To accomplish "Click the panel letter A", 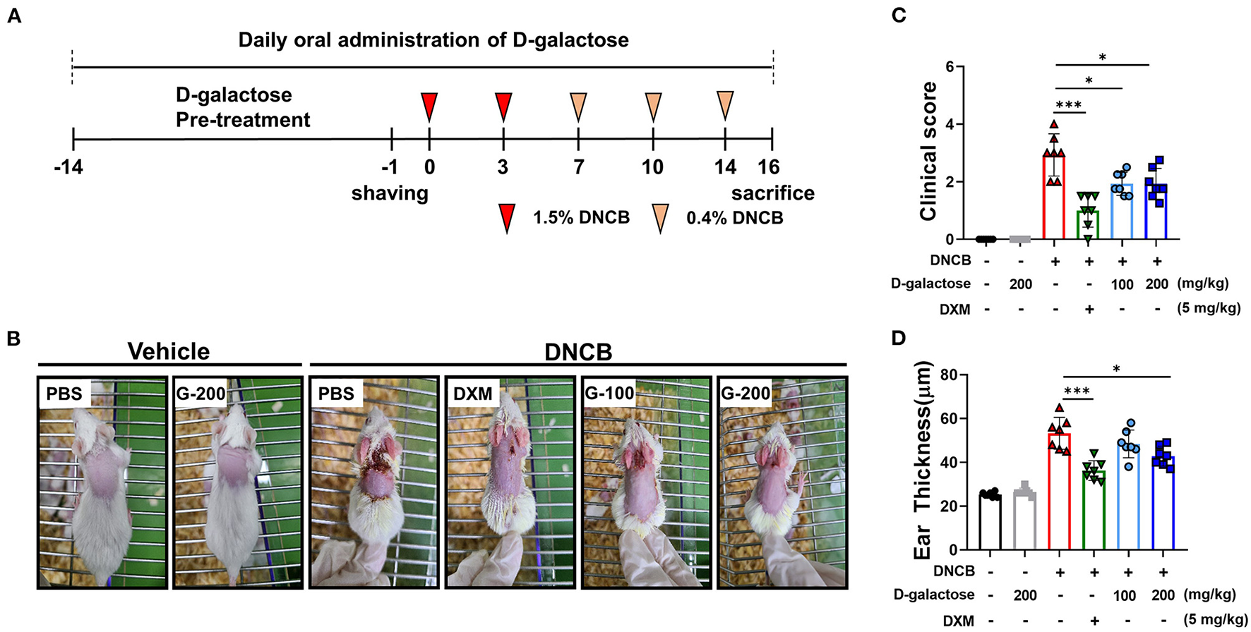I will tap(14, 16).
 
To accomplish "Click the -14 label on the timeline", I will tap(68, 167).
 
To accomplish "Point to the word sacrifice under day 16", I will tap(772, 193).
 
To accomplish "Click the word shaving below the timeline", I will tap(390, 193).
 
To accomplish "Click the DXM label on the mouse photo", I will tap(472, 393).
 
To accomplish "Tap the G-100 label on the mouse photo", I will tap(609, 393).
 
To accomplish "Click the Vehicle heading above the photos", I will tap(169, 351).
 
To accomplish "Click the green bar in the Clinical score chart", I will tap(1088, 226).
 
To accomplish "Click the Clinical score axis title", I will tap(929, 151).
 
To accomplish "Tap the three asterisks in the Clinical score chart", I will tap(1069, 105).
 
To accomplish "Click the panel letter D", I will tap(899, 339).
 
